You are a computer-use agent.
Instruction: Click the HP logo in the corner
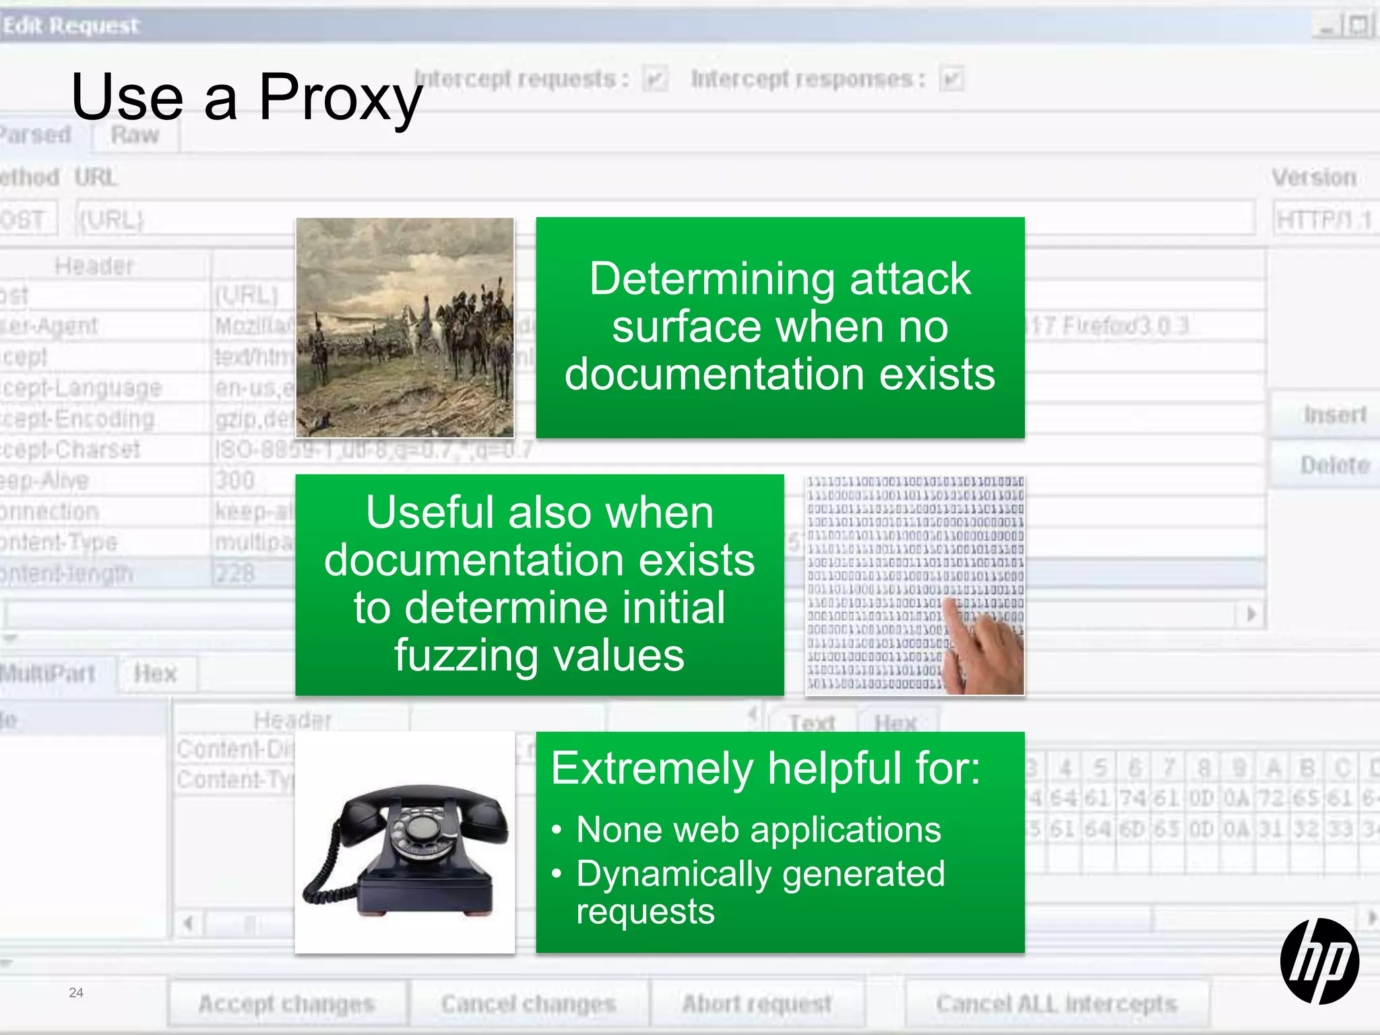point(1319,961)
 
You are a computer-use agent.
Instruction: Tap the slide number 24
point(76,993)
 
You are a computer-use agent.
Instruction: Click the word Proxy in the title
point(340,98)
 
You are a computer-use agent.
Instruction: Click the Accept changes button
point(287,1004)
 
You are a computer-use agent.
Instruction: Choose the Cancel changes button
point(529,1004)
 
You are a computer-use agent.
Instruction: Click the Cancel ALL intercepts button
point(1057,1004)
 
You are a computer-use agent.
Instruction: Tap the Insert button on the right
point(1334,414)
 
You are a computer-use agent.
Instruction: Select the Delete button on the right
point(1334,465)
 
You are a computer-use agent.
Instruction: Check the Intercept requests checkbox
point(654,80)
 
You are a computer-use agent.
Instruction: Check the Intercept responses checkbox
point(951,80)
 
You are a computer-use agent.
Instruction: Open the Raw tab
point(135,135)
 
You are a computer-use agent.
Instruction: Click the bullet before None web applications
point(557,830)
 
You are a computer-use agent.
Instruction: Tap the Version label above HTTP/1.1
point(1313,177)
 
